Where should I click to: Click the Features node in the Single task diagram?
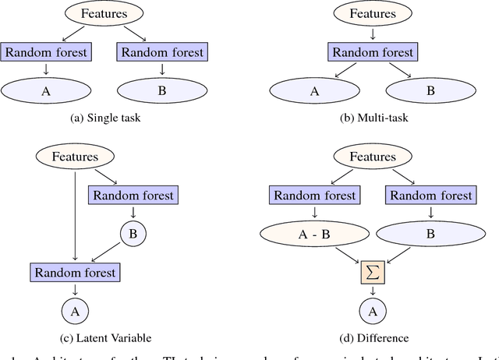coord(96,13)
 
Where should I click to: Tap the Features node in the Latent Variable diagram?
coord(75,156)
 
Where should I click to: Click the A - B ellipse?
coord(315,233)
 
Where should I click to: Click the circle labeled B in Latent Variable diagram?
coord(133,233)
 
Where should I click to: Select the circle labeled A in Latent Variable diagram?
coord(75,312)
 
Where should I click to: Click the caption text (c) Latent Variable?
coord(101,338)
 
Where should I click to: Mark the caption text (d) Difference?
coord(373,338)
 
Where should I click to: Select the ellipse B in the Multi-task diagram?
coord(429,90)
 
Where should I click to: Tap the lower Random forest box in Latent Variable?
coord(75,273)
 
